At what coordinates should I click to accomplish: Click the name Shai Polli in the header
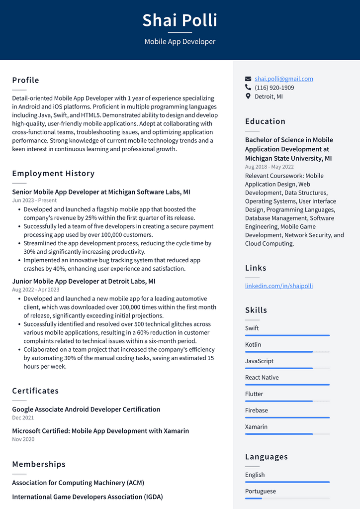point(180,20)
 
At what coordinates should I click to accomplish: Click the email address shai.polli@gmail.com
point(283,79)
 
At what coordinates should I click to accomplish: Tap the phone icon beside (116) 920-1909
point(248,88)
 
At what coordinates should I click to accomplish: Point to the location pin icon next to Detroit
point(248,96)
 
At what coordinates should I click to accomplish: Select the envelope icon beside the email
point(248,79)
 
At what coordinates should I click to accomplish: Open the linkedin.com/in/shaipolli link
point(278,286)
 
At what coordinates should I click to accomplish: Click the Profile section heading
point(25,80)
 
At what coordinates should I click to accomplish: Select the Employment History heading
point(53,173)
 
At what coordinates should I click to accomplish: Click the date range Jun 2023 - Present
point(34,200)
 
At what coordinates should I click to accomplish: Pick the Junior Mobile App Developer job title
point(84,281)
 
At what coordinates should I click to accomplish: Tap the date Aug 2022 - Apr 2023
point(35,290)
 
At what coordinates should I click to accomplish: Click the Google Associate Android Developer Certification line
point(86,409)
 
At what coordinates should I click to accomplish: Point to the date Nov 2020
point(23,439)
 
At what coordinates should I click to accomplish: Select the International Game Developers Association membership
point(87,497)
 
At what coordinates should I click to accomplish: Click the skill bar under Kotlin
point(287,352)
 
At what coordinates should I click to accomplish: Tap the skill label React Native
point(262,377)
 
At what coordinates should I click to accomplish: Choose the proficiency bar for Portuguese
point(287,499)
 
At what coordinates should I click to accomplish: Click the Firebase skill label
point(256,410)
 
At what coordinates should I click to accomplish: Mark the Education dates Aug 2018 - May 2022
point(269,167)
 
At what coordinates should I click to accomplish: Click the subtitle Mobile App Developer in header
point(180,42)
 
